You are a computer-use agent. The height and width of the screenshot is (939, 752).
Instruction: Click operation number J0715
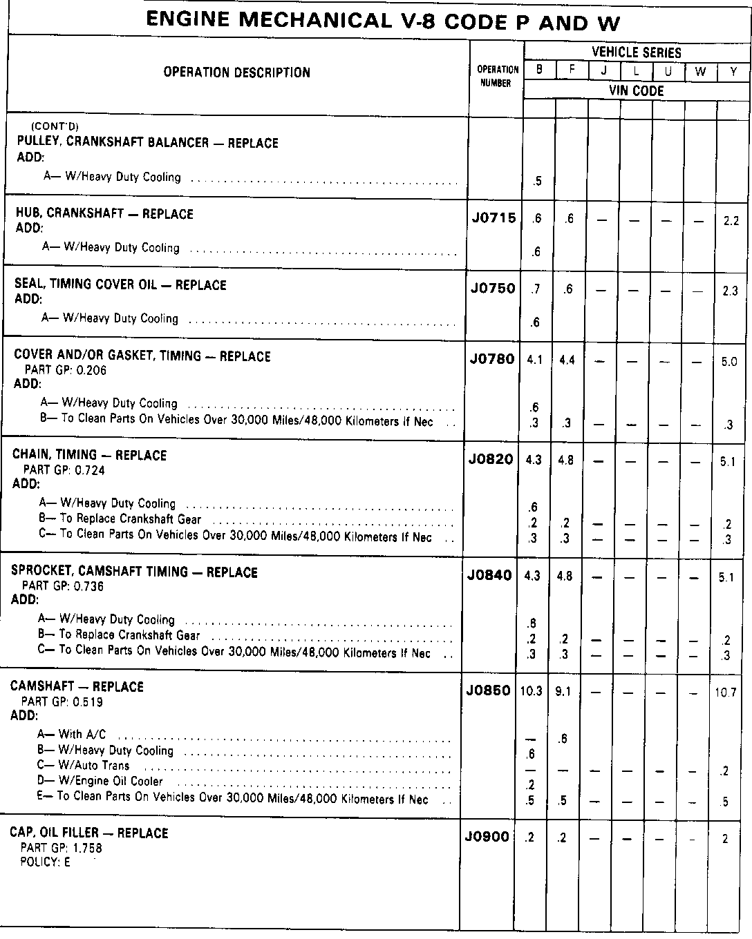tap(493, 218)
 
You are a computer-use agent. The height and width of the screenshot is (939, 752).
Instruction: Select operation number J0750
tap(493, 289)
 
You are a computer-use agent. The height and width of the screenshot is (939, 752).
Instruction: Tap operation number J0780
tap(492, 359)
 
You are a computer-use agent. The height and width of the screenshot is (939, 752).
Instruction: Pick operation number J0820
tap(491, 459)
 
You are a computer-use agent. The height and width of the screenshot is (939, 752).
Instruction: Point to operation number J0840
tap(489, 575)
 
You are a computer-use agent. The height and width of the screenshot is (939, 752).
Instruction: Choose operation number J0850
tap(488, 690)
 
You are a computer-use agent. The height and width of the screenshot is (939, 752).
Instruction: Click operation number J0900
tap(487, 837)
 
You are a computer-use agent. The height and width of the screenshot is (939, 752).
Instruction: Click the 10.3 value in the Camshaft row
tap(531, 691)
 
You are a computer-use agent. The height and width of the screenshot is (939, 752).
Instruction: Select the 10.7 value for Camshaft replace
tap(725, 693)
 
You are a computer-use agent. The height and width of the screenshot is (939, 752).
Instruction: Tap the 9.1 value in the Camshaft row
tap(563, 691)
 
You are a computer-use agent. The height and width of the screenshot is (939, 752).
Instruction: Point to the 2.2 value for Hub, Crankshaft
tap(731, 221)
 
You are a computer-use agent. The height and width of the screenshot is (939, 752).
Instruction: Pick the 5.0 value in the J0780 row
tap(728, 362)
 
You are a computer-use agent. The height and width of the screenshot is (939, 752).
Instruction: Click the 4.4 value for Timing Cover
tap(567, 360)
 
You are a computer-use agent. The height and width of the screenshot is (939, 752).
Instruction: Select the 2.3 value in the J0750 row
tap(730, 291)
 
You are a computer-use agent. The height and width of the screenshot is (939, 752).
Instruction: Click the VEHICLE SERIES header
tap(636, 52)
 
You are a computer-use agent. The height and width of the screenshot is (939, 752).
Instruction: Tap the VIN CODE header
tap(636, 90)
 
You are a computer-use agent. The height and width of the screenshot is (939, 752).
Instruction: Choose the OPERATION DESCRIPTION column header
tap(236, 72)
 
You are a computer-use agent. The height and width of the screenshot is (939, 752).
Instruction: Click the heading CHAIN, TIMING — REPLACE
tap(89, 455)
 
